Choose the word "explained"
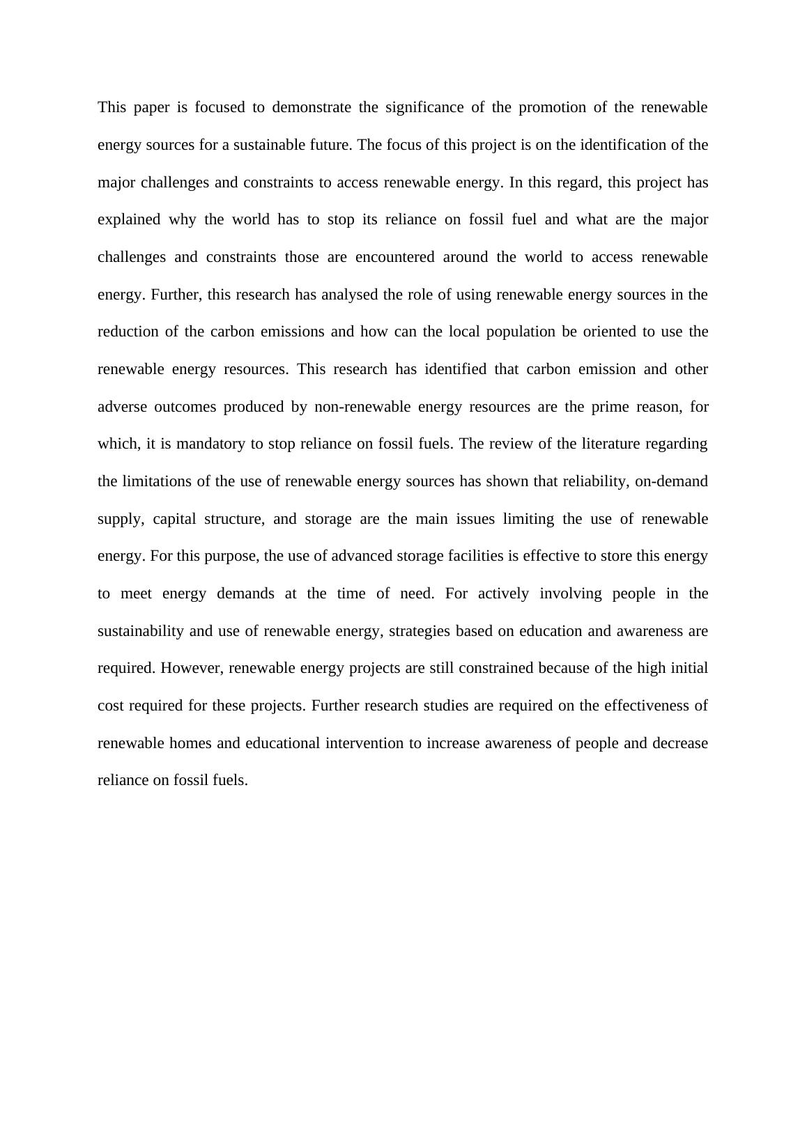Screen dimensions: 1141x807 (x=129, y=219)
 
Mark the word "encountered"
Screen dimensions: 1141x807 (x=394, y=257)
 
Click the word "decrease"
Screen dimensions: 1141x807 (x=680, y=743)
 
